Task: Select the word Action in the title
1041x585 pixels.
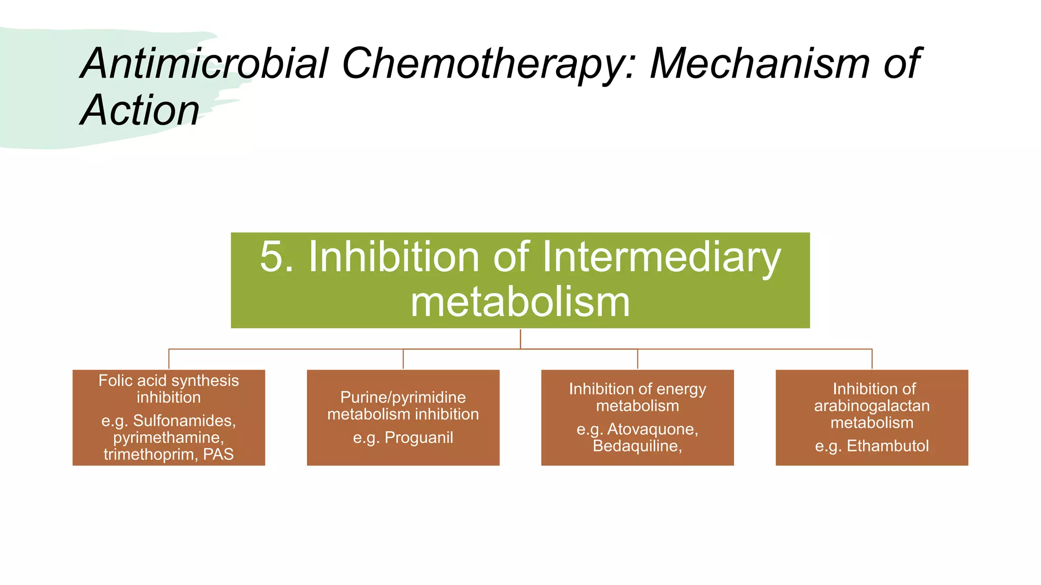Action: click(140, 110)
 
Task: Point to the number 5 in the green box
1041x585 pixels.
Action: click(272, 257)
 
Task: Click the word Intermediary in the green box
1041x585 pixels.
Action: click(661, 257)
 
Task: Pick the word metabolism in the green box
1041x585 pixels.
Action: click(520, 302)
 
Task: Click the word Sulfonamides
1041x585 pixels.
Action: click(184, 420)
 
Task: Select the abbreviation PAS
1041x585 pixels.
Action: click(218, 454)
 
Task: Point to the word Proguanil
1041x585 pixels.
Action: click(418, 437)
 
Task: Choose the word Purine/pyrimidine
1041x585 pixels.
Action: click(403, 397)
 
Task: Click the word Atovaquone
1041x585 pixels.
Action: click(652, 429)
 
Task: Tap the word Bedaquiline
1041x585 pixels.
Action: click(636, 446)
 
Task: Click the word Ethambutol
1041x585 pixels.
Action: click(887, 446)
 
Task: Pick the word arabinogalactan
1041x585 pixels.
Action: click(872, 406)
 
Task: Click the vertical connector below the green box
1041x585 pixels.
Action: click(520, 339)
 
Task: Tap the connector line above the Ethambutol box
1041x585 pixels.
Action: click(872, 359)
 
